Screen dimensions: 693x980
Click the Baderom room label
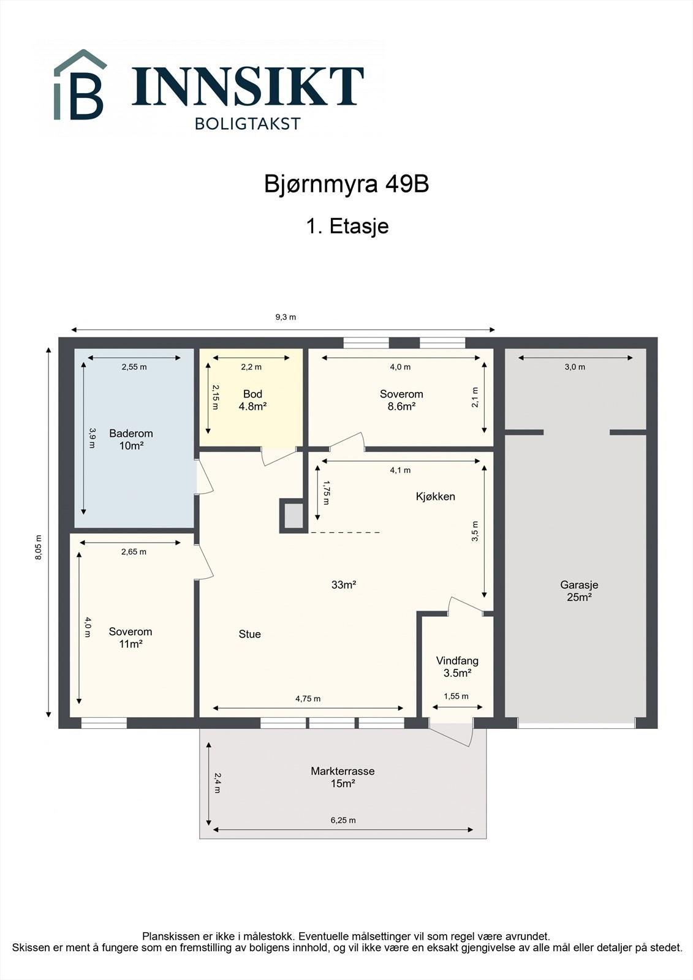tap(131, 440)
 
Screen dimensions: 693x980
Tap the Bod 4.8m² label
tap(252, 401)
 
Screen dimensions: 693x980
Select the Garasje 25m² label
tap(579, 590)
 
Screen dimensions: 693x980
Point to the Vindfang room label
tap(457, 667)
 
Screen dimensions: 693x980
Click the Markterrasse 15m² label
tap(343, 777)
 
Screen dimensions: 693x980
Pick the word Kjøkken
tap(435, 497)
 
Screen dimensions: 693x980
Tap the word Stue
tap(249, 634)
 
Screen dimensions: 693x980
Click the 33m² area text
tap(344, 584)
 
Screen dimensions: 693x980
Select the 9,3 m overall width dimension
tap(286, 317)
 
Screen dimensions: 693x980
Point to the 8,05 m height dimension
tap(39, 548)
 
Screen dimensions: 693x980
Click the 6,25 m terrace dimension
tap(343, 820)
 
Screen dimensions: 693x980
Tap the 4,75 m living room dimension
tap(308, 699)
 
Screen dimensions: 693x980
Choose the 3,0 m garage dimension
tap(575, 367)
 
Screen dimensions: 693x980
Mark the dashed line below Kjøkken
tap(345, 532)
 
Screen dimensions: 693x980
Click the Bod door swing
tap(278, 456)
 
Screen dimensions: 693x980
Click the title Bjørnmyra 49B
tap(346, 184)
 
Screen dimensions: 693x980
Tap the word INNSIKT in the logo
tap(248, 86)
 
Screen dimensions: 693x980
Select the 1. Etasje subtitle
tap(347, 226)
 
